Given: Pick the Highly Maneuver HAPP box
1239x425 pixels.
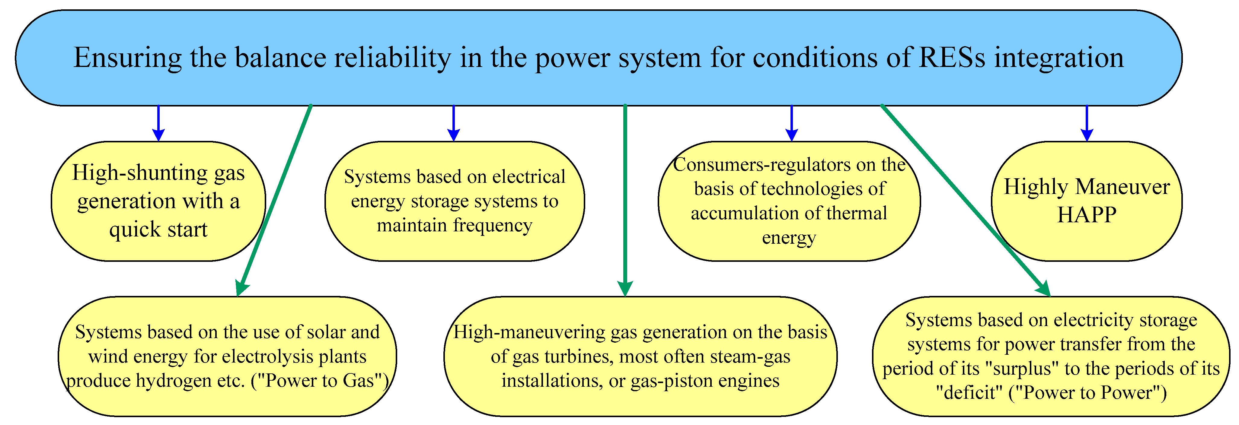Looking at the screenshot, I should (1087, 201).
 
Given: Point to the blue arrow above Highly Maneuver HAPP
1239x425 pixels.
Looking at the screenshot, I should (1087, 124).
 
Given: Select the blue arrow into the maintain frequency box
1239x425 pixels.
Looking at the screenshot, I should (454, 124).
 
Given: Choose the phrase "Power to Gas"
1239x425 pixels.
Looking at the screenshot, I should (320, 381).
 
